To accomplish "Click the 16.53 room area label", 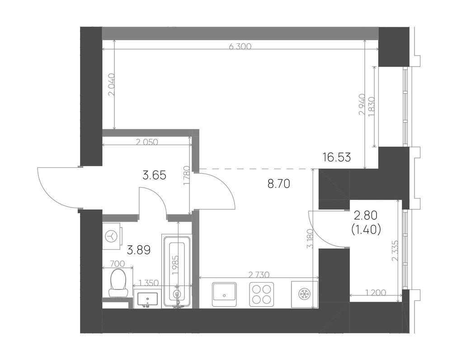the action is (337, 157).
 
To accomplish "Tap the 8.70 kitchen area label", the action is (278, 184).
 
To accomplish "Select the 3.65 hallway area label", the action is (155, 175).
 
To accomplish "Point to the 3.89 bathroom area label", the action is (139, 250).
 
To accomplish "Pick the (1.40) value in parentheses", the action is (367, 230).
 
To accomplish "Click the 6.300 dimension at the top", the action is (240, 46).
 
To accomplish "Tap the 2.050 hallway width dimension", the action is (147, 142).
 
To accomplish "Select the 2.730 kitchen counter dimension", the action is (259, 275).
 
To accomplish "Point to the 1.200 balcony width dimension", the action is (375, 293).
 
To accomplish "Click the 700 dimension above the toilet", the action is (118, 264).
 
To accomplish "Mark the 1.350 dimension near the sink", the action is (149, 283).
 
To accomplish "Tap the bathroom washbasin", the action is (148, 299).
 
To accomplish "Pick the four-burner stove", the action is (261, 294).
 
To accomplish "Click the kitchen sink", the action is (224, 294).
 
